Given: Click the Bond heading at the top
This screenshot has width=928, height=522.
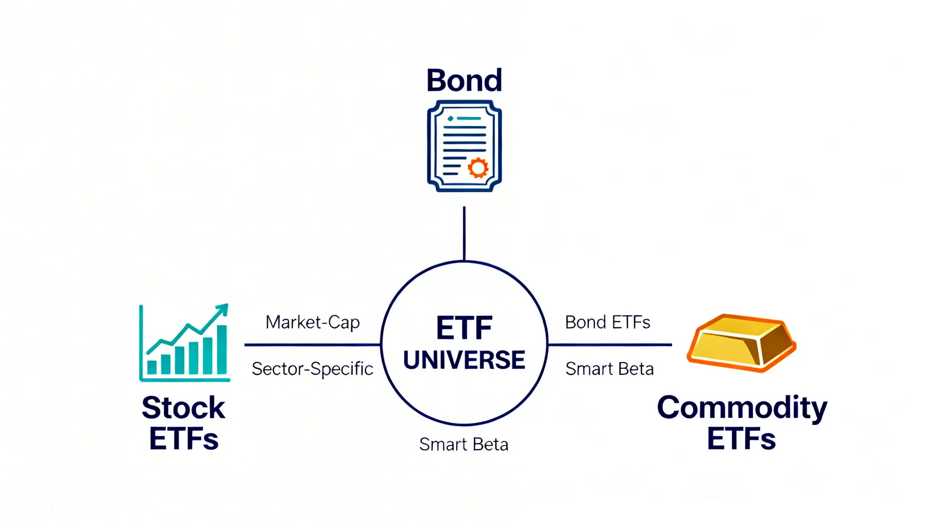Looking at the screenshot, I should [x=464, y=81].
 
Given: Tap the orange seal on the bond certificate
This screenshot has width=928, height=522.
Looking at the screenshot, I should [x=478, y=167].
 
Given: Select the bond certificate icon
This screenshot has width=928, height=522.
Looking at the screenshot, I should [x=464, y=146].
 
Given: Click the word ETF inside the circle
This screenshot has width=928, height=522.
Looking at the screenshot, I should [x=464, y=328].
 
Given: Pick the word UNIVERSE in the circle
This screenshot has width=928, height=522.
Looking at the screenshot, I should [x=464, y=360].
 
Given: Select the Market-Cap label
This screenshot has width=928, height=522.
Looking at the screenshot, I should [x=312, y=323].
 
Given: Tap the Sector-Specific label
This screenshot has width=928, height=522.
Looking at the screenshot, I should [x=312, y=369].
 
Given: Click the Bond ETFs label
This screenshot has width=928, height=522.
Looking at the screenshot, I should [x=607, y=323].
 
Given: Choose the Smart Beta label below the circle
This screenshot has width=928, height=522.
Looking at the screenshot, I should [x=463, y=445].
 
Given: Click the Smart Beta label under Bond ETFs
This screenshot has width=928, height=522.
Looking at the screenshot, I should [x=609, y=369].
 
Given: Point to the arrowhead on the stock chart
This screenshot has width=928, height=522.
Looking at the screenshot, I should [x=222, y=309].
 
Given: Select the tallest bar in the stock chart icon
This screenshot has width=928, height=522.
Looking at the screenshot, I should [x=222, y=349].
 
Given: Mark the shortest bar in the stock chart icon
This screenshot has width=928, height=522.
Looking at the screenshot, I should [x=152, y=367].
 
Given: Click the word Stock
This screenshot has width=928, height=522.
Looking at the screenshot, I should [x=183, y=408].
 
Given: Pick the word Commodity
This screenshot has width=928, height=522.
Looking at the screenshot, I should [x=742, y=408].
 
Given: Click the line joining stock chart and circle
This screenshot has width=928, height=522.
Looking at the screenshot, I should [x=312, y=345].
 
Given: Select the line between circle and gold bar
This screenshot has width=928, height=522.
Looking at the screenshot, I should [x=610, y=345].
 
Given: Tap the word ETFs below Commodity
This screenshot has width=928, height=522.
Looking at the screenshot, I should [x=741, y=439].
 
